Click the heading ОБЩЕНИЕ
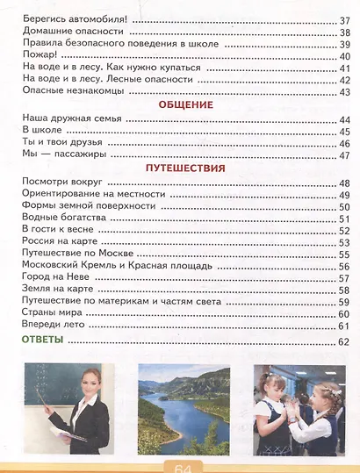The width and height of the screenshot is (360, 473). click(x=185, y=104)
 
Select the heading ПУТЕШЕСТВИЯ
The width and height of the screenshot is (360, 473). click(x=185, y=168)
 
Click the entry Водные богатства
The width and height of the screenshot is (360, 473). click(x=61, y=218)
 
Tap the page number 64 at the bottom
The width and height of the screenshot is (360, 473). click(x=187, y=466)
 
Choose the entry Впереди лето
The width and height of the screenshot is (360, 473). click(x=52, y=326)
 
